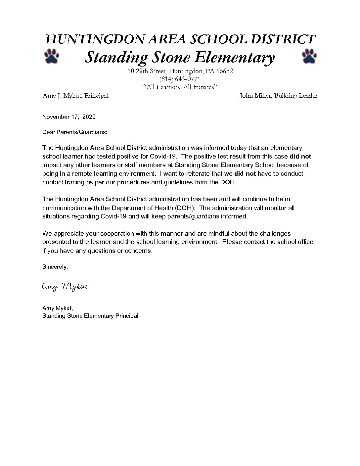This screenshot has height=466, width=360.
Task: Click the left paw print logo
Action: pyautogui.click(x=51, y=56)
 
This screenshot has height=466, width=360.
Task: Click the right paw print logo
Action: pyautogui.click(x=309, y=56)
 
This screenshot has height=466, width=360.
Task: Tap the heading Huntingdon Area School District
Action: pyautogui.click(x=180, y=39)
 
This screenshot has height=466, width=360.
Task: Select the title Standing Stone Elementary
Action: pyautogui.click(x=180, y=57)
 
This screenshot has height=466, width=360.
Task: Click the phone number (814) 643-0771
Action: pyautogui.click(x=180, y=79)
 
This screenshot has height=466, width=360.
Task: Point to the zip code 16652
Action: pyautogui.click(x=225, y=71)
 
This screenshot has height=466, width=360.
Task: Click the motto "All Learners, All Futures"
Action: pyautogui.click(x=180, y=87)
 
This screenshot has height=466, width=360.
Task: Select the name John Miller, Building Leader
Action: pyautogui.click(x=278, y=96)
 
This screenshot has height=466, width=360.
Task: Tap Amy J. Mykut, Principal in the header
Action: pyautogui.click(x=75, y=96)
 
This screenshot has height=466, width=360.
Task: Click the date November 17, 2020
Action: pyautogui.click(x=69, y=117)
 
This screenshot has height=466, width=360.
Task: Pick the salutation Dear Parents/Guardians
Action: pyautogui.click(x=75, y=132)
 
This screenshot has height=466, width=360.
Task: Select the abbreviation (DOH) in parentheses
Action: pyautogui.click(x=184, y=208)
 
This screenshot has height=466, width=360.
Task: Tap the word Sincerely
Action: pyautogui.click(x=55, y=267)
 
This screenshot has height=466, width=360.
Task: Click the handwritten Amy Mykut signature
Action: pyautogui.click(x=65, y=287)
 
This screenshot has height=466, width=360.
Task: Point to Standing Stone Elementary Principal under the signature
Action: pyautogui.click(x=90, y=316)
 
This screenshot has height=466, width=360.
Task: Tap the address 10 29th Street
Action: pyautogui.click(x=147, y=71)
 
